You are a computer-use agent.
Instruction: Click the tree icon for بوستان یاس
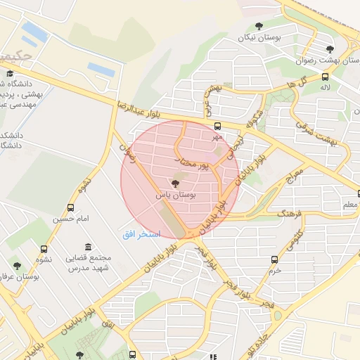(175, 184)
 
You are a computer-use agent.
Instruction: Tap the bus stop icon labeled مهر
(217, 126)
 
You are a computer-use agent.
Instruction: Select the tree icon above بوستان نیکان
(259, 26)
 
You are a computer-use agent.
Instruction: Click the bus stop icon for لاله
(324, 77)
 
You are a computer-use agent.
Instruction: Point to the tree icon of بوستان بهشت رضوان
(330, 49)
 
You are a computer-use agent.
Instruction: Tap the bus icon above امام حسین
(70, 207)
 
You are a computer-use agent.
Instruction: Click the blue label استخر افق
(142, 233)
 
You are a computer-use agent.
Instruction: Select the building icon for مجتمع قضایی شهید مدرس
(87, 247)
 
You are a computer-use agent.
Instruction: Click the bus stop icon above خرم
(274, 259)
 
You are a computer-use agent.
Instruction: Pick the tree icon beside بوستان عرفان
(17, 266)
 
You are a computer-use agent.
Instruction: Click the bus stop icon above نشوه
(44, 248)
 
